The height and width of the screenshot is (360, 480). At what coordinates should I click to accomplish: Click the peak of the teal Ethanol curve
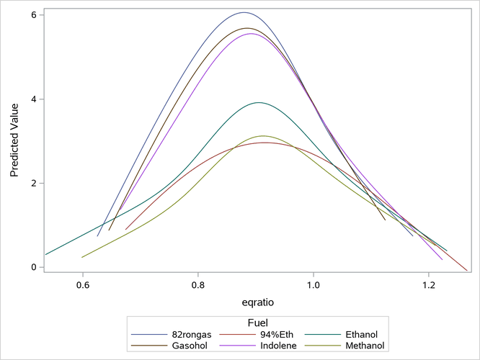click(x=257, y=102)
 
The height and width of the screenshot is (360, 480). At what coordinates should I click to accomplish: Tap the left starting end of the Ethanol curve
click(x=45, y=254)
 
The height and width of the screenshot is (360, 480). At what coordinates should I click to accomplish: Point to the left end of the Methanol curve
click(x=82, y=257)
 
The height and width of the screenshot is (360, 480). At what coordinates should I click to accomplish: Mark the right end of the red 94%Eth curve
click(x=467, y=271)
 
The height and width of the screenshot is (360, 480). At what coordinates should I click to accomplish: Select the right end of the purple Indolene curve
click(x=442, y=259)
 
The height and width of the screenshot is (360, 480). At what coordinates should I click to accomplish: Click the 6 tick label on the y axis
click(x=33, y=15)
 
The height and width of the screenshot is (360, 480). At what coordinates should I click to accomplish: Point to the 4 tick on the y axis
click(x=33, y=99)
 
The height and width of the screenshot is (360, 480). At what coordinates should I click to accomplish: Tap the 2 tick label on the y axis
click(x=33, y=184)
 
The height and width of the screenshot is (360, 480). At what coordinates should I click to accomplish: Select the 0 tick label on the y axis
click(x=33, y=267)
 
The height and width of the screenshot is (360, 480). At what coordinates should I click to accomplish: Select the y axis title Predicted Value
click(x=14, y=140)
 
